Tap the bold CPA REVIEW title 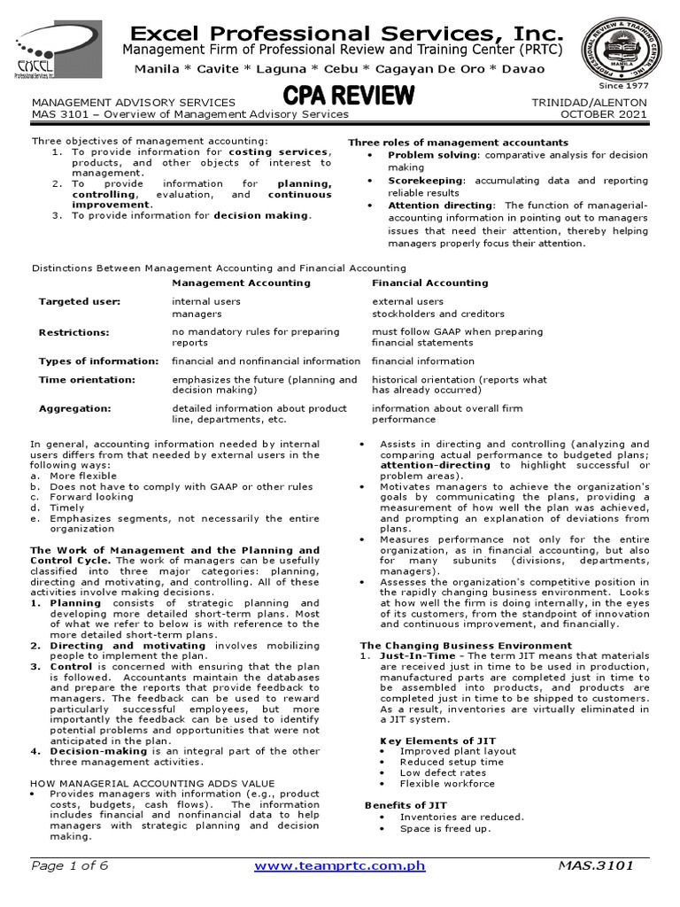[x=348, y=95]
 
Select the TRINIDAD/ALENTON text [x=589, y=103]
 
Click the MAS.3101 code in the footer [x=596, y=865]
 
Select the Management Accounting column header [x=241, y=283]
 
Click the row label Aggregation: [x=74, y=408]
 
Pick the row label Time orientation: [x=87, y=380]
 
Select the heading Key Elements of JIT [x=437, y=740]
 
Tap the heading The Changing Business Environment [x=466, y=646]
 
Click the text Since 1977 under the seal [x=623, y=85]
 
